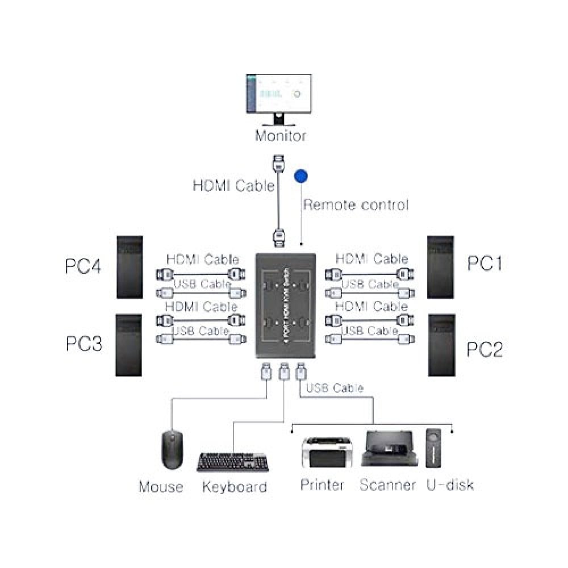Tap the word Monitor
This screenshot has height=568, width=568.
coord(280,136)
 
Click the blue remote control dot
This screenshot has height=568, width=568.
coord(300,176)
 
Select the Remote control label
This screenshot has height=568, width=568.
coord(356,204)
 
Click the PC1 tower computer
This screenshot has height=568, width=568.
coord(441,267)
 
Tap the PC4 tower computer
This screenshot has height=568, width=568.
coord(130,267)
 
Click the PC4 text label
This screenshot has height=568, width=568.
coord(83,266)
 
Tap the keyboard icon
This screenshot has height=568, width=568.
coord(233,462)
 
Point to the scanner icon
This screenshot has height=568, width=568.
coord(387,450)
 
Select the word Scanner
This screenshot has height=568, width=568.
coord(388,485)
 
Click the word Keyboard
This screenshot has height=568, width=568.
coord(235,487)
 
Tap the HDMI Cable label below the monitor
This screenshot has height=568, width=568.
coord(233,185)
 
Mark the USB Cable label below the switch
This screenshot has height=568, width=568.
coord(335,389)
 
